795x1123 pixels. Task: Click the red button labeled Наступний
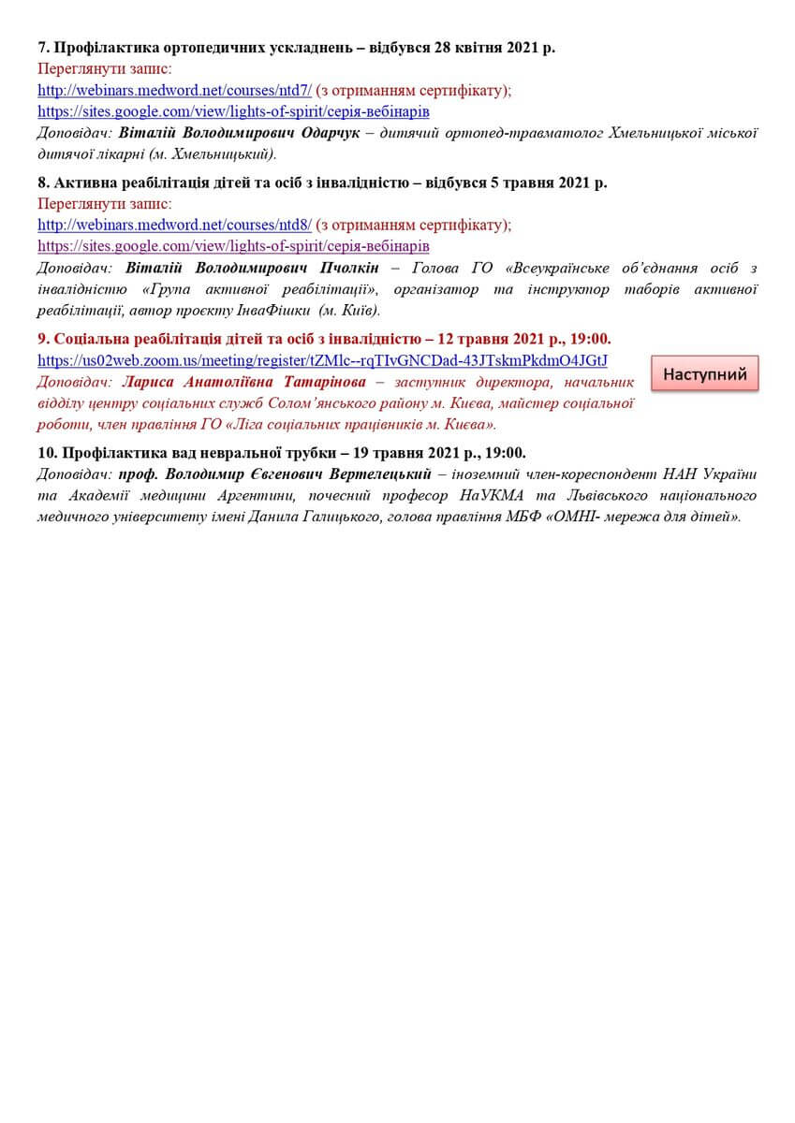point(704,374)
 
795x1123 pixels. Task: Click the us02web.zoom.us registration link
point(322,360)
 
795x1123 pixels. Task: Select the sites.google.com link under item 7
point(233,111)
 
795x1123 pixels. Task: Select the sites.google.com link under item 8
point(233,246)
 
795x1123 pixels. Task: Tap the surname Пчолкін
point(345,268)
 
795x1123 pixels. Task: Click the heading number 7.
point(42,48)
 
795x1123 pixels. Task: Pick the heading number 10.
point(48,453)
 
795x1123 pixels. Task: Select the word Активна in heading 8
point(90,182)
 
